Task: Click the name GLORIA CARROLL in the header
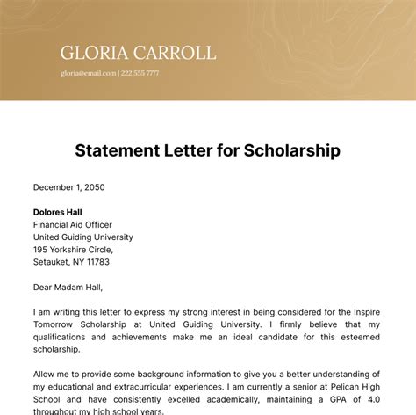pos(138,52)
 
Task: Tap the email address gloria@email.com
pos(88,74)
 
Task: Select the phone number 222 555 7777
pos(140,74)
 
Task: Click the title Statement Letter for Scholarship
pos(207,150)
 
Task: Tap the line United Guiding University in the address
pos(83,237)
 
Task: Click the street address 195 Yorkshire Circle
pos(77,249)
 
